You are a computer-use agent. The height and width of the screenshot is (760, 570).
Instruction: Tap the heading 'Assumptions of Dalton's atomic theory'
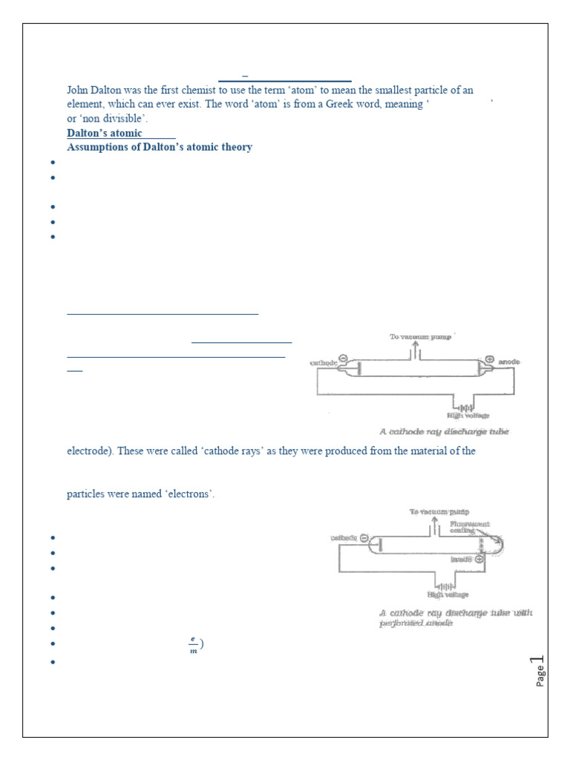pos(160,147)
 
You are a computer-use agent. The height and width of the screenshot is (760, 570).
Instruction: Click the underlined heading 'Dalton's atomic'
pos(105,134)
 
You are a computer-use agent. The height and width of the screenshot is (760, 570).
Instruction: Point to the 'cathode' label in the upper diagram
pos(324,363)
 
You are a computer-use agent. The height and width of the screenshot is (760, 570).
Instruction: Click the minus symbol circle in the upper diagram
pos(343,358)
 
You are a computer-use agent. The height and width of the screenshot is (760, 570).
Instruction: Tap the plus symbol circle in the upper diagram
pos(490,358)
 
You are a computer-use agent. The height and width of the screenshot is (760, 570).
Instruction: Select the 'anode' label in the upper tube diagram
pos(509,362)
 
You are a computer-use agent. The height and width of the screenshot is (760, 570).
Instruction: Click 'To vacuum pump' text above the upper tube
pos(420,337)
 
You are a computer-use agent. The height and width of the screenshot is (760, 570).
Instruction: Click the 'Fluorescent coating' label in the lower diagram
pos(469,528)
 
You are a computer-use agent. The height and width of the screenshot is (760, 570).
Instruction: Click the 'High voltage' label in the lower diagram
pos(447,594)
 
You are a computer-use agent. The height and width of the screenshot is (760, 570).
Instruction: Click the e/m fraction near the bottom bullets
pos(193,645)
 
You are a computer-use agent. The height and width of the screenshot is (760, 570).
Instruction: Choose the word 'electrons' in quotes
pos(187,495)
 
